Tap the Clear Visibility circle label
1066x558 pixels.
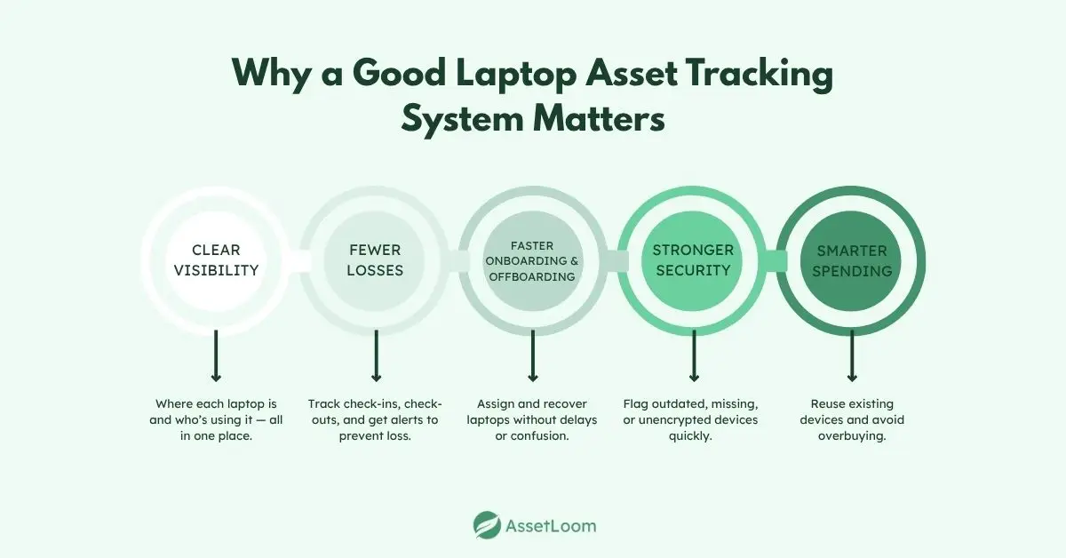tap(216, 259)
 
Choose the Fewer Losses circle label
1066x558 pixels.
tap(375, 259)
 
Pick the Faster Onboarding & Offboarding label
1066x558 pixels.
tap(533, 259)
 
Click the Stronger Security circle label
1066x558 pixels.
tap(693, 259)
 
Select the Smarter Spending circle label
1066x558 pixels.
tap(851, 259)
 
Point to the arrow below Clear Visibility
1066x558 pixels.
tap(216, 355)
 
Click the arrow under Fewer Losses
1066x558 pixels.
tap(376, 355)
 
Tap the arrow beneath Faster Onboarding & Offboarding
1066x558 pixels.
tap(533, 355)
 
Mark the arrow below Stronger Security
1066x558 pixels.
tap(694, 355)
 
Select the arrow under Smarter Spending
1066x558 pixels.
tap(852, 355)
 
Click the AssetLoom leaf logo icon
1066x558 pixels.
tap(487, 525)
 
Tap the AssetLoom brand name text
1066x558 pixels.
tap(553, 525)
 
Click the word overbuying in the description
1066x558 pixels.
tap(852, 435)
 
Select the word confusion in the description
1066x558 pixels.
tap(549, 435)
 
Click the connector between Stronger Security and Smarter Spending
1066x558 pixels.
tap(772, 260)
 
